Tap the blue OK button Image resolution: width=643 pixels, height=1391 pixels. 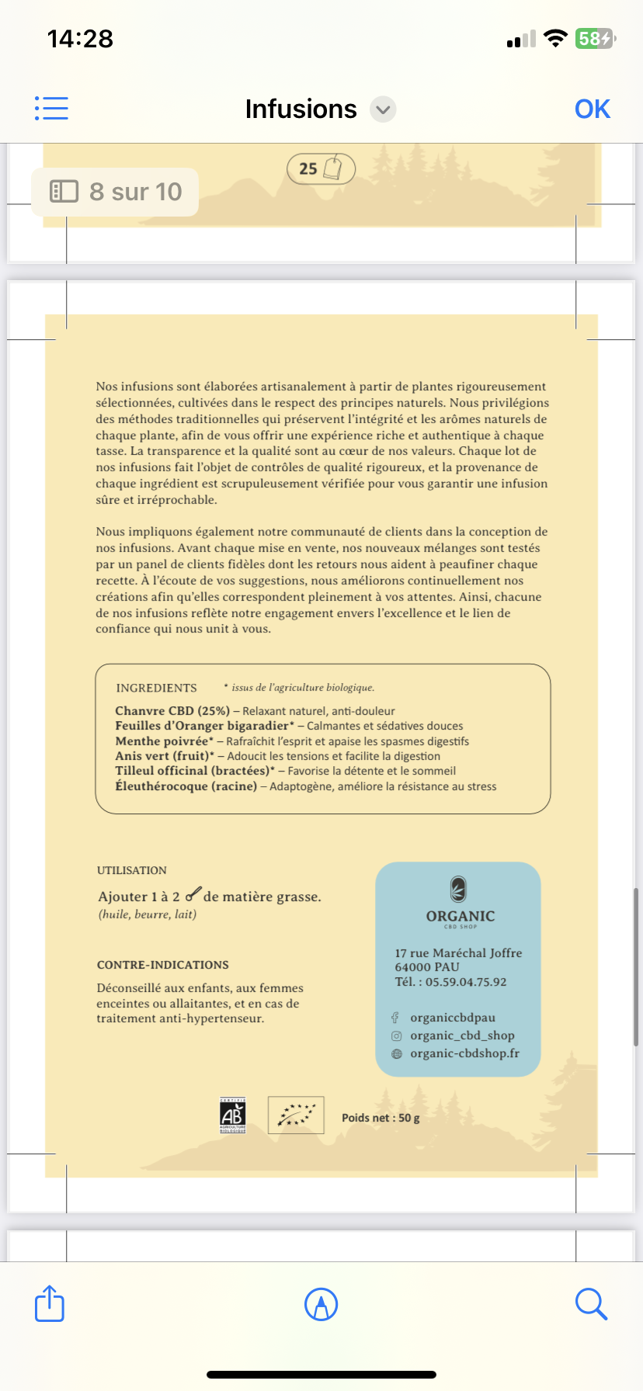click(592, 109)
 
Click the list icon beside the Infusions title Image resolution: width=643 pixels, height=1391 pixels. click(51, 109)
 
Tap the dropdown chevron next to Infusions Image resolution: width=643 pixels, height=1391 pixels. click(383, 109)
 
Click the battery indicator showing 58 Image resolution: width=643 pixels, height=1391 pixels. click(594, 39)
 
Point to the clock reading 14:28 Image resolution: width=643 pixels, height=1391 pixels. click(80, 39)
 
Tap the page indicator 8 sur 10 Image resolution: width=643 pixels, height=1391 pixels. click(115, 192)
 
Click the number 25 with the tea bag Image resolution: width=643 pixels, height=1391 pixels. click(321, 168)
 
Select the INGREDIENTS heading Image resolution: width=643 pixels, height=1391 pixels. click(156, 688)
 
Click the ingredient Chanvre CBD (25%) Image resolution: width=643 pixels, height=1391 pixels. click(172, 711)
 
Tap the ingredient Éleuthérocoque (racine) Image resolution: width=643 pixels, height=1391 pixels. click(186, 786)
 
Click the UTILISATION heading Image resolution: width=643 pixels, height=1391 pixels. click(132, 870)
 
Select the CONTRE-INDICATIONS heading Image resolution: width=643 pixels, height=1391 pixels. click(162, 965)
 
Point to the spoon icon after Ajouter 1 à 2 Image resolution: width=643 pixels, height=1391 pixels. click(193, 894)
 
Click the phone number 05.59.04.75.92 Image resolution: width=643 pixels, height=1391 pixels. click(465, 982)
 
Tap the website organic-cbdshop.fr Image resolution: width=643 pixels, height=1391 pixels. click(464, 1053)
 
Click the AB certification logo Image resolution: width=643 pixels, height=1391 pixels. click(233, 1115)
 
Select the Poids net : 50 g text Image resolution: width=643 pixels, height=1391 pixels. click(381, 1118)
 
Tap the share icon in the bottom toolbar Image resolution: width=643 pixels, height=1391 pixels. click(50, 1304)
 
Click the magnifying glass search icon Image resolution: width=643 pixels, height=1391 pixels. click(591, 1304)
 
